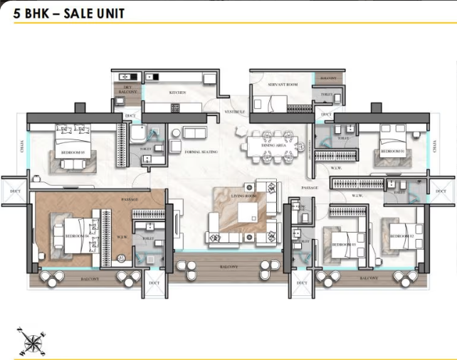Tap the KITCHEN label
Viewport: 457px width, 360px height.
(x=177, y=92)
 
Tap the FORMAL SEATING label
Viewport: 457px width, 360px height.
(x=201, y=152)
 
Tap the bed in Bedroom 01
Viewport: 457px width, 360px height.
(x=393, y=139)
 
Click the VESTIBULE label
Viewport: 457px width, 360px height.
(x=235, y=112)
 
